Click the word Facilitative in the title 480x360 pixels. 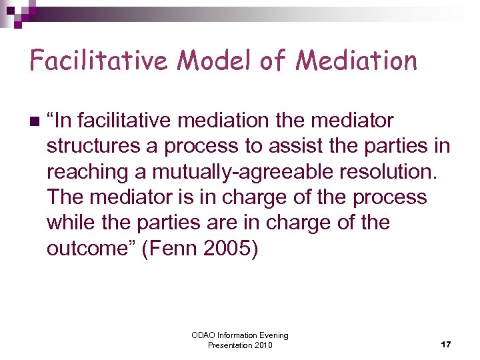click(x=99, y=61)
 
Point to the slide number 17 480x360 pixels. click(x=446, y=345)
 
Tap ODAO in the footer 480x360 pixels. click(x=203, y=335)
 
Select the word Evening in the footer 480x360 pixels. click(x=273, y=335)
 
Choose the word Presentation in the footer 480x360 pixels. click(x=229, y=345)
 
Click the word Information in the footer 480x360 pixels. click(x=235, y=335)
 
